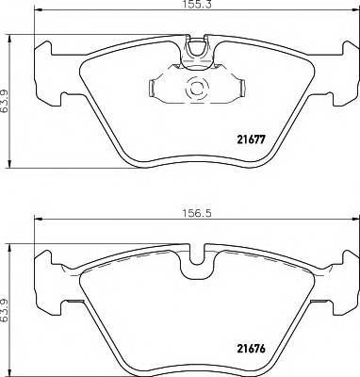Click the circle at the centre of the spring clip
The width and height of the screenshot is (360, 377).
point(197,90)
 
